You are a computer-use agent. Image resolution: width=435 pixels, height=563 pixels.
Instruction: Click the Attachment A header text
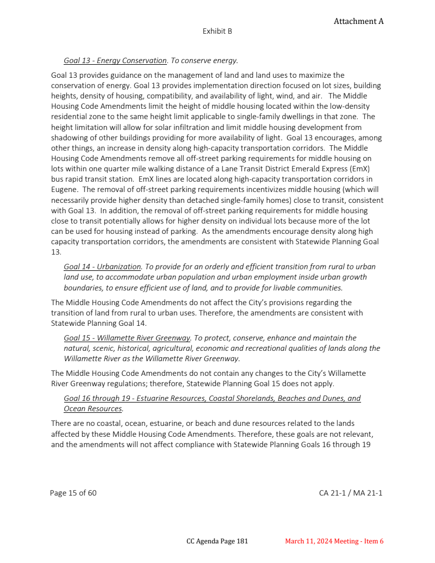pyautogui.click(x=358, y=21)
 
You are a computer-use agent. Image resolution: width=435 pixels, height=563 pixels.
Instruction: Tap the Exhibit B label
pyautogui.click(x=217, y=32)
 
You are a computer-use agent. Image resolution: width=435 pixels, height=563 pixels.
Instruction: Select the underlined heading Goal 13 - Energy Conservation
pyautogui.click(x=115, y=60)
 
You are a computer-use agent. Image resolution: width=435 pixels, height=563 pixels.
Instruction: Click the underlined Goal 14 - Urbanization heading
pyautogui.click(x=103, y=267)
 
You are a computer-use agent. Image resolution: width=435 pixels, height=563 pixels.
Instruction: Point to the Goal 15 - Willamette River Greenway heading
pyautogui.click(x=127, y=338)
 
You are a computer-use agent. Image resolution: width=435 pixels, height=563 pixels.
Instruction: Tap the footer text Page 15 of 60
pyautogui.click(x=73, y=493)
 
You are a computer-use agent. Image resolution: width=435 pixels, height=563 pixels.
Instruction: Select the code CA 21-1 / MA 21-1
pyautogui.click(x=351, y=493)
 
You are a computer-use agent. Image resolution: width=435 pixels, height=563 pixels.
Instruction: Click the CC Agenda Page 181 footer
pyautogui.click(x=217, y=541)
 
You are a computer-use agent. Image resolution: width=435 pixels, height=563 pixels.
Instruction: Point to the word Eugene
pyautogui.click(x=64, y=189)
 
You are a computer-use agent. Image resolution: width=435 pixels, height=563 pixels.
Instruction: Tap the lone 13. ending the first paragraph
pyautogui.click(x=56, y=252)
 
